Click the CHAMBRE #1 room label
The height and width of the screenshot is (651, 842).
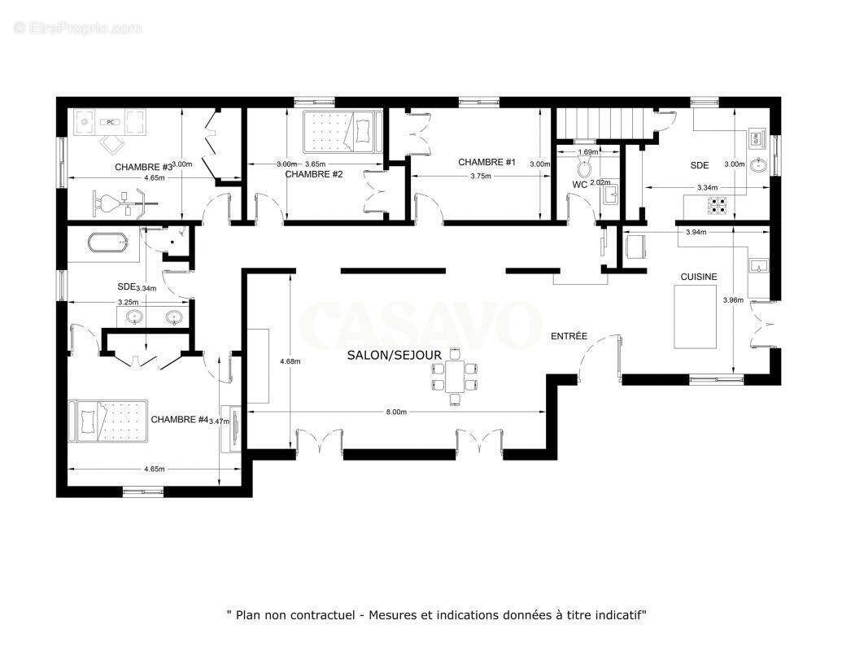tap(486, 162)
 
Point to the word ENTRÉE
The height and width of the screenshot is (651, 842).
tap(569, 336)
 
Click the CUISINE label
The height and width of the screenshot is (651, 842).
tap(699, 277)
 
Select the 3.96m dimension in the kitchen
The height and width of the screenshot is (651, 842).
tap(732, 299)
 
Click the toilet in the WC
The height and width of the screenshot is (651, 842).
tap(583, 168)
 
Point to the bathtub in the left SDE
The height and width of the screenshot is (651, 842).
tap(107, 242)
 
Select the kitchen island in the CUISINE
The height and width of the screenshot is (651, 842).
tap(696, 317)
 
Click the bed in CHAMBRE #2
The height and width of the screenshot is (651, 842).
tap(342, 131)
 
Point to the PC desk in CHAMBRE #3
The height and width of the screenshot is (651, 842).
tap(111, 123)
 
